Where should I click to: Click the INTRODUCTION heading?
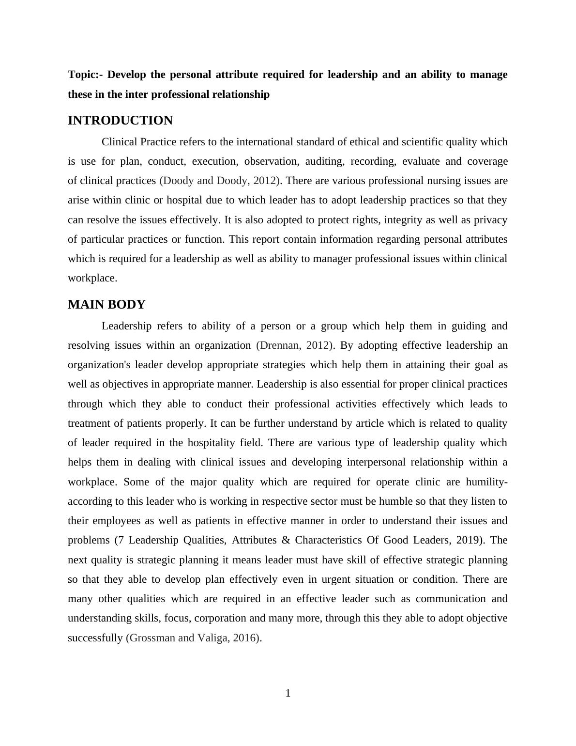coord(120,121)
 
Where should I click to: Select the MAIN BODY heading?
coord(106,305)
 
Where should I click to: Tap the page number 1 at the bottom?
coord(288,693)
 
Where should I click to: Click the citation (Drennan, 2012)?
coord(295,345)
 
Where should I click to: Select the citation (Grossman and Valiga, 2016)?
coord(193,637)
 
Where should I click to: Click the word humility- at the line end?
coord(486,482)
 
